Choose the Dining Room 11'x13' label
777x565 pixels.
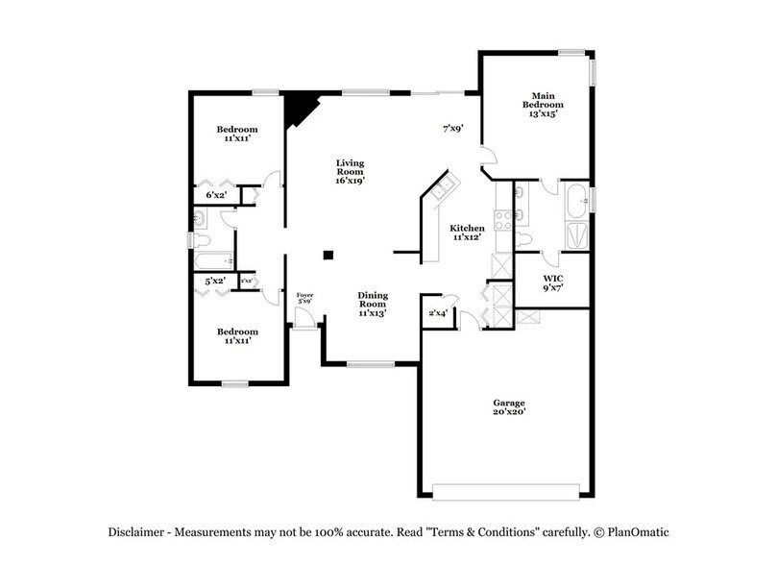pyautogui.click(x=373, y=305)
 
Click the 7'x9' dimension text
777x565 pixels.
pyautogui.click(x=453, y=127)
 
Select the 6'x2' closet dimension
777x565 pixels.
pyautogui.click(x=216, y=195)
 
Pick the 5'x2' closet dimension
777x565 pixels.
pyautogui.click(x=215, y=281)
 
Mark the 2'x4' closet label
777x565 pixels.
pyautogui.click(x=437, y=312)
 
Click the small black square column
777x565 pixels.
pyautogui.click(x=328, y=255)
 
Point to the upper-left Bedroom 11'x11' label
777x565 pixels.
pyautogui.click(x=236, y=135)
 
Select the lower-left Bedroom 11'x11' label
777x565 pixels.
pyautogui.click(x=236, y=335)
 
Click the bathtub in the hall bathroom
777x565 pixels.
pyautogui.click(x=211, y=259)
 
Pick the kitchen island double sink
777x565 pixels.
pyautogui.click(x=443, y=188)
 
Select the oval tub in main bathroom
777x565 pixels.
pyautogui.click(x=574, y=203)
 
